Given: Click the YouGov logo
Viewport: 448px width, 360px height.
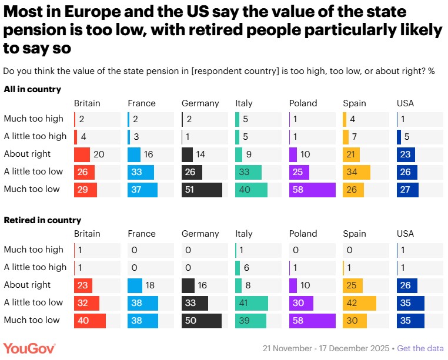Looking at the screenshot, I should click(x=29, y=348).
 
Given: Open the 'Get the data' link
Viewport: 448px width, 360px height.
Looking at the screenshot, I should click(x=420, y=348).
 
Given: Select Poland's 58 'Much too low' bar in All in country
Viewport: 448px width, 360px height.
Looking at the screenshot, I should click(x=312, y=190).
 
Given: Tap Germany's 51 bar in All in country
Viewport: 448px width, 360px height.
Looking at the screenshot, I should click(x=202, y=190).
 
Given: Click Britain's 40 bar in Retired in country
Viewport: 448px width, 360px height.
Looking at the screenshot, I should click(x=89, y=321).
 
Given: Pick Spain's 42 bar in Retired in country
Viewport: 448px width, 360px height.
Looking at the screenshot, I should click(x=359, y=302).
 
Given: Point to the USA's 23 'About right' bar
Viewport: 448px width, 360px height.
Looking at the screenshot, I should click(x=406, y=154).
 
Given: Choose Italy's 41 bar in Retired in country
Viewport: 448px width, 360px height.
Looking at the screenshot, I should click(x=251, y=302).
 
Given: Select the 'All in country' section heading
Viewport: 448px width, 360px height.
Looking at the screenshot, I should click(x=32, y=89).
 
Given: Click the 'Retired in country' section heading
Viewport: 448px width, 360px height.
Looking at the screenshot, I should click(x=42, y=220).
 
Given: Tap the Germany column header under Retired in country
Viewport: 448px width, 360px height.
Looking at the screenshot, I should click(x=200, y=234).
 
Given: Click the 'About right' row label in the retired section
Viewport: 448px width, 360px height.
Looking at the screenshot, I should click(x=27, y=285).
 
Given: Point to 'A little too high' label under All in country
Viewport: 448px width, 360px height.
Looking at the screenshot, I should click(x=35, y=136).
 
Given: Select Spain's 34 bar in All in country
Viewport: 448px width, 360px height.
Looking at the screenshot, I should click(x=356, y=172).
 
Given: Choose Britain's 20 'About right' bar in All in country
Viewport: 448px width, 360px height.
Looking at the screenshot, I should click(x=82, y=154).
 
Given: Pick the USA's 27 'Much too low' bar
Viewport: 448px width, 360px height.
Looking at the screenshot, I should click(x=407, y=190).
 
